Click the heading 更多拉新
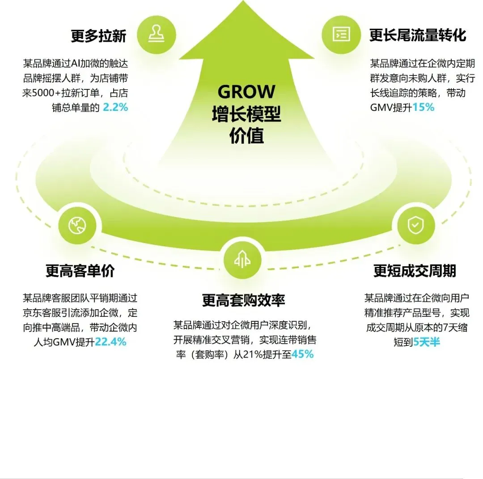click(x=98, y=36)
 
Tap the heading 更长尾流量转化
click(x=418, y=35)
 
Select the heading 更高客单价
click(x=80, y=271)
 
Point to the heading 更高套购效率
click(x=243, y=300)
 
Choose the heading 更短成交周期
click(x=415, y=271)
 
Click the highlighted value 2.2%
click(x=115, y=107)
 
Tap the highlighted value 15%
click(x=423, y=107)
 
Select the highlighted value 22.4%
click(x=110, y=342)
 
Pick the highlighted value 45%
click(x=302, y=354)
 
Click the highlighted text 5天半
click(x=426, y=342)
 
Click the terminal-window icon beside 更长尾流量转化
click(x=341, y=34)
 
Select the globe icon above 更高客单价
click(x=77, y=226)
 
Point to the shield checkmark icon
click(x=414, y=225)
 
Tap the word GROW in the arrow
click(x=246, y=92)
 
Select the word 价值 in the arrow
click(x=246, y=135)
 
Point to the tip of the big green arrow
click(x=246, y=4)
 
